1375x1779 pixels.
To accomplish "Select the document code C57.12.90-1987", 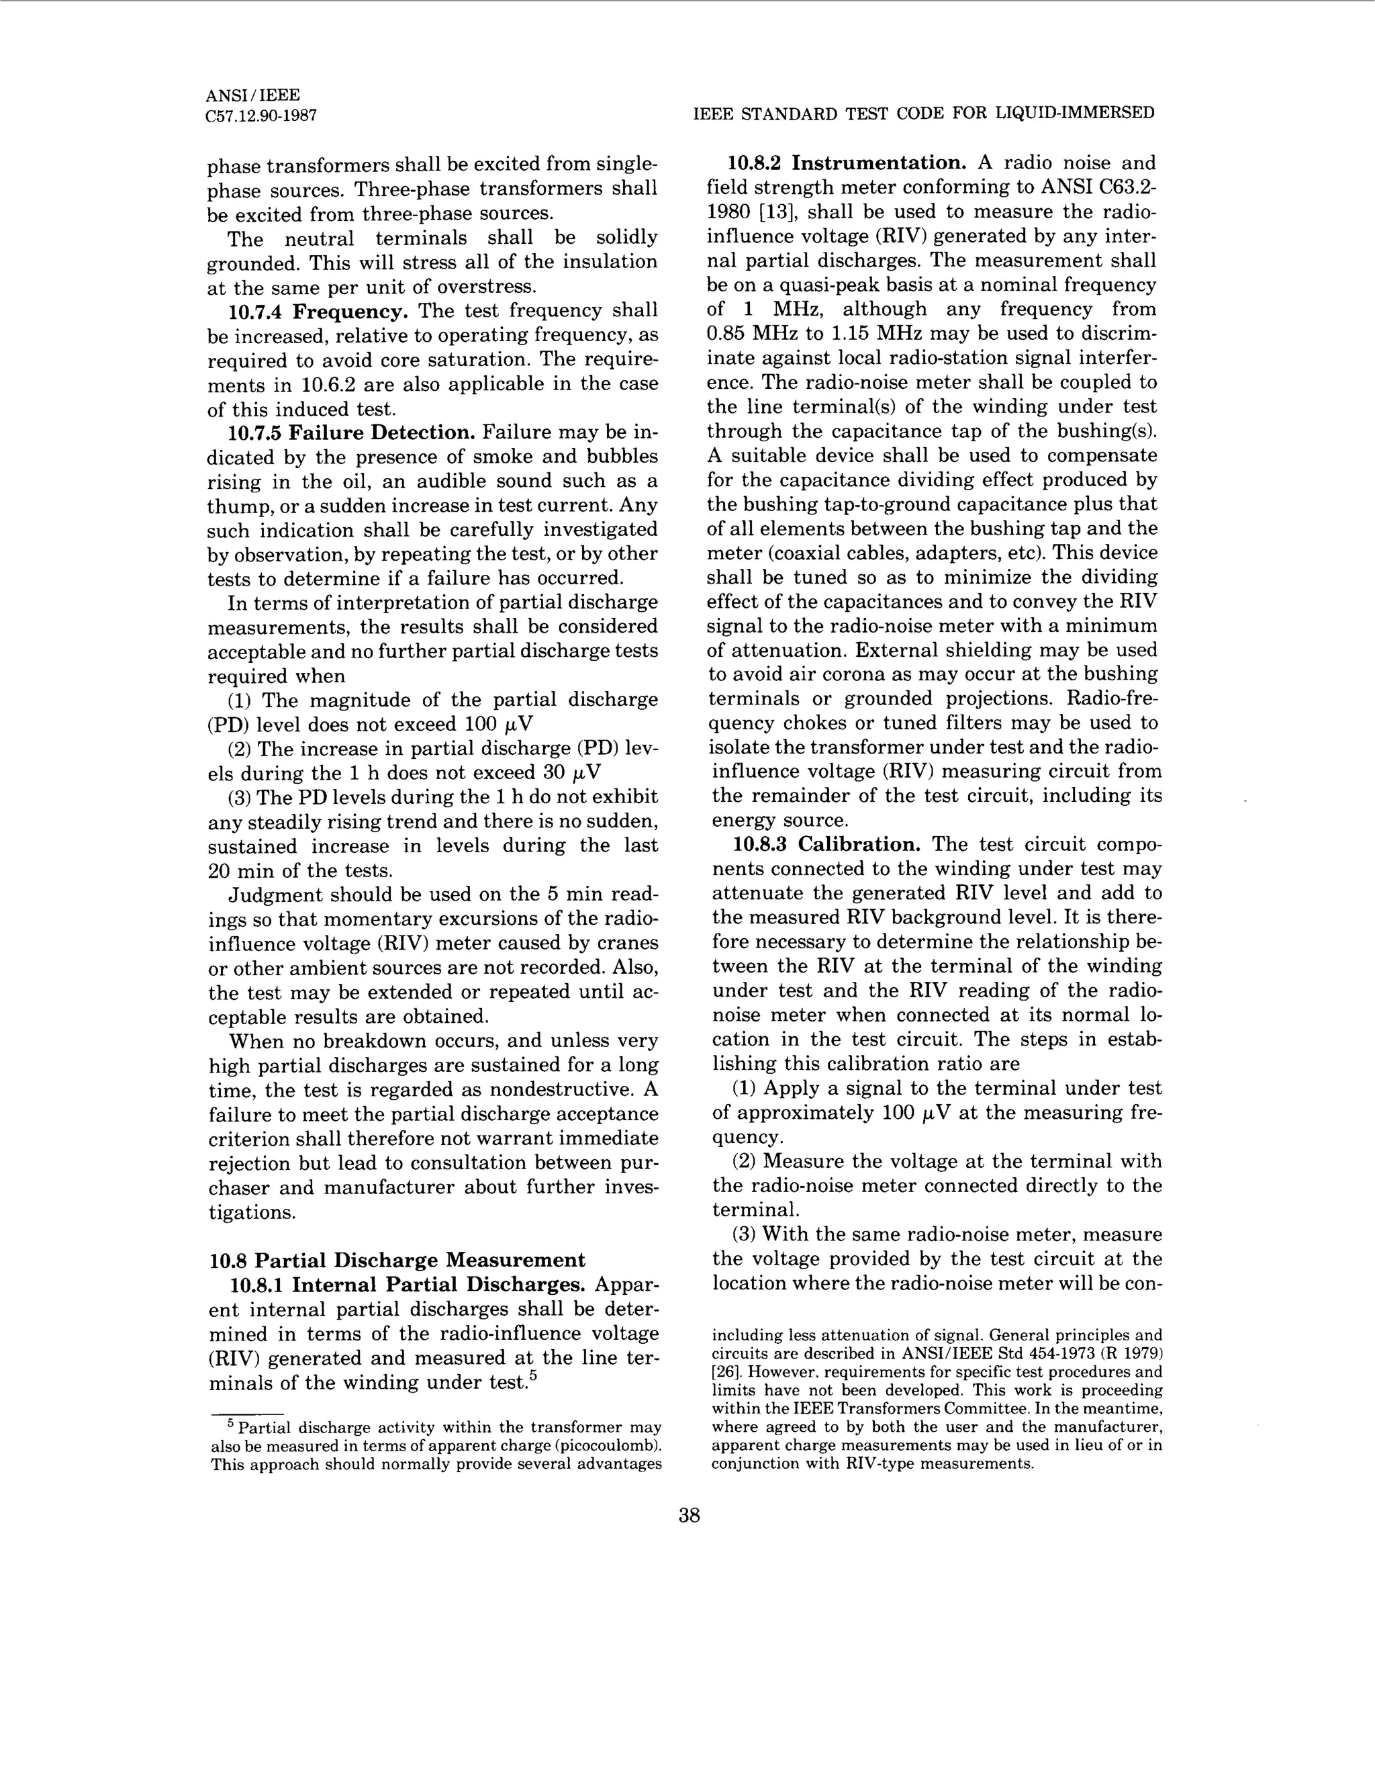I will coord(261,116).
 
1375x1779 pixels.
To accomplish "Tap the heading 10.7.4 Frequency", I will coord(318,311).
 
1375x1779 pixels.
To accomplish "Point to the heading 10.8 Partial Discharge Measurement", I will coord(397,1260).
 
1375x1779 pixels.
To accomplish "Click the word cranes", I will coord(627,944).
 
